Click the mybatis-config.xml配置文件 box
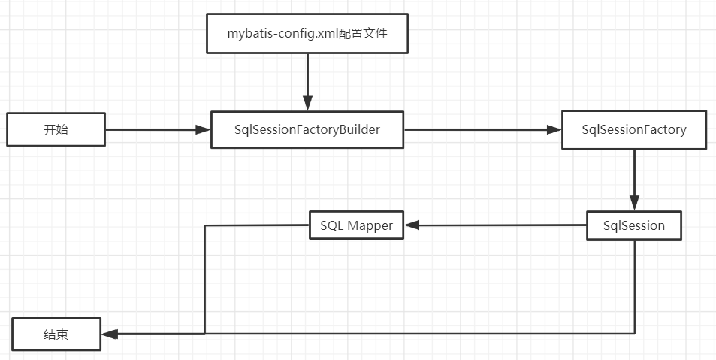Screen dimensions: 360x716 pyautogui.click(x=307, y=34)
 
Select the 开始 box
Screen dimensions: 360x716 pyautogui.click(x=56, y=129)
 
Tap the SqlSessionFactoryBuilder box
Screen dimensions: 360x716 pyautogui.click(x=307, y=129)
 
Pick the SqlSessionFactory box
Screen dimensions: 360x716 pyautogui.click(x=634, y=129)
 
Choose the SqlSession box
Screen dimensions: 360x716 pyautogui.click(x=634, y=225)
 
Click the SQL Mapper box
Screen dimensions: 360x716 pyautogui.click(x=357, y=225)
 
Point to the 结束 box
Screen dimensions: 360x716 pyautogui.click(x=56, y=334)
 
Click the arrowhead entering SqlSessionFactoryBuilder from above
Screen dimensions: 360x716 pyautogui.click(x=307, y=104)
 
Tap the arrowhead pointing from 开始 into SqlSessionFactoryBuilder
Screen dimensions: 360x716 pyautogui.click(x=203, y=129)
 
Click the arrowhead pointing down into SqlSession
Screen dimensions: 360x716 pyautogui.click(x=634, y=203)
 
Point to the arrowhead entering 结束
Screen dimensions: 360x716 pyautogui.click(x=109, y=333)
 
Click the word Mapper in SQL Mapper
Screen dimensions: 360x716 pyautogui.click(x=370, y=225)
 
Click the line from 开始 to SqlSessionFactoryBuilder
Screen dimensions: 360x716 pyautogui.click(x=150, y=129)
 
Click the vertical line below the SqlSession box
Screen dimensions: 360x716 pyautogui.click(x=635, y=286)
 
